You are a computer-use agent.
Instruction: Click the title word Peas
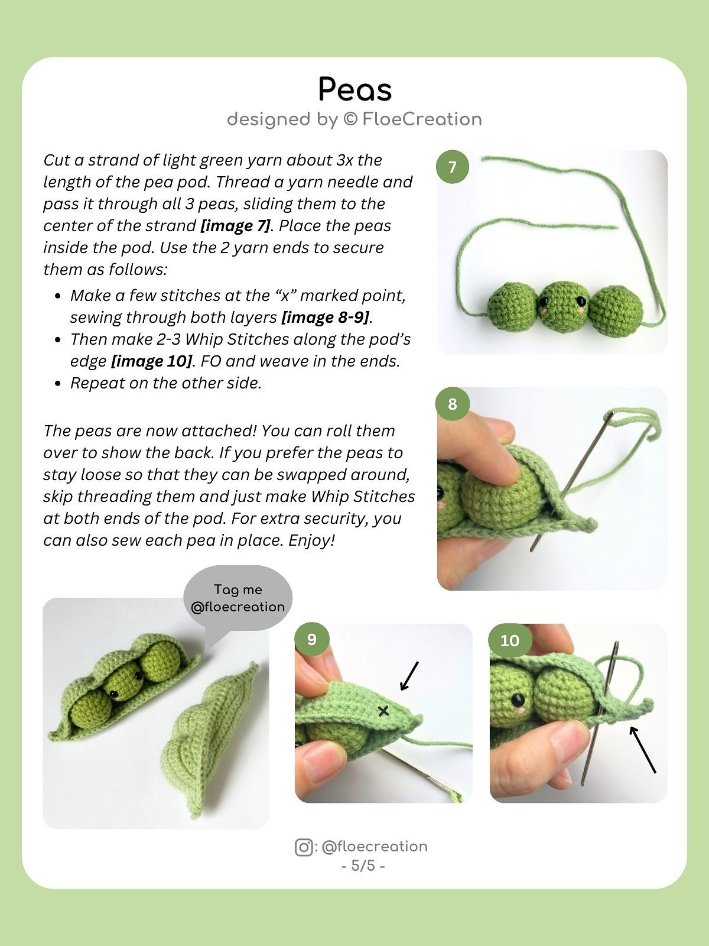354,90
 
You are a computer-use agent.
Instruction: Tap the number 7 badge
452,167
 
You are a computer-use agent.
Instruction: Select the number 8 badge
452,404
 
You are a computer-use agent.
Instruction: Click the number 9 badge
311,639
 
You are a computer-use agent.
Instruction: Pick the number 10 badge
509,640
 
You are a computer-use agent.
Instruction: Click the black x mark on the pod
383,711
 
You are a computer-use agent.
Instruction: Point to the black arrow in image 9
409,676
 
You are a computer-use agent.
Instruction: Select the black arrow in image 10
642,749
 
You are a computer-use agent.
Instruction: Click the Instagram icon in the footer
304,847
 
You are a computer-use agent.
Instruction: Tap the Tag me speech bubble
238,598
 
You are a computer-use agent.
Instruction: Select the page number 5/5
363,866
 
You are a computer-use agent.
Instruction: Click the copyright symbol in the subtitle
350,119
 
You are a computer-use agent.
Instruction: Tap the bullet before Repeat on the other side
57,384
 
